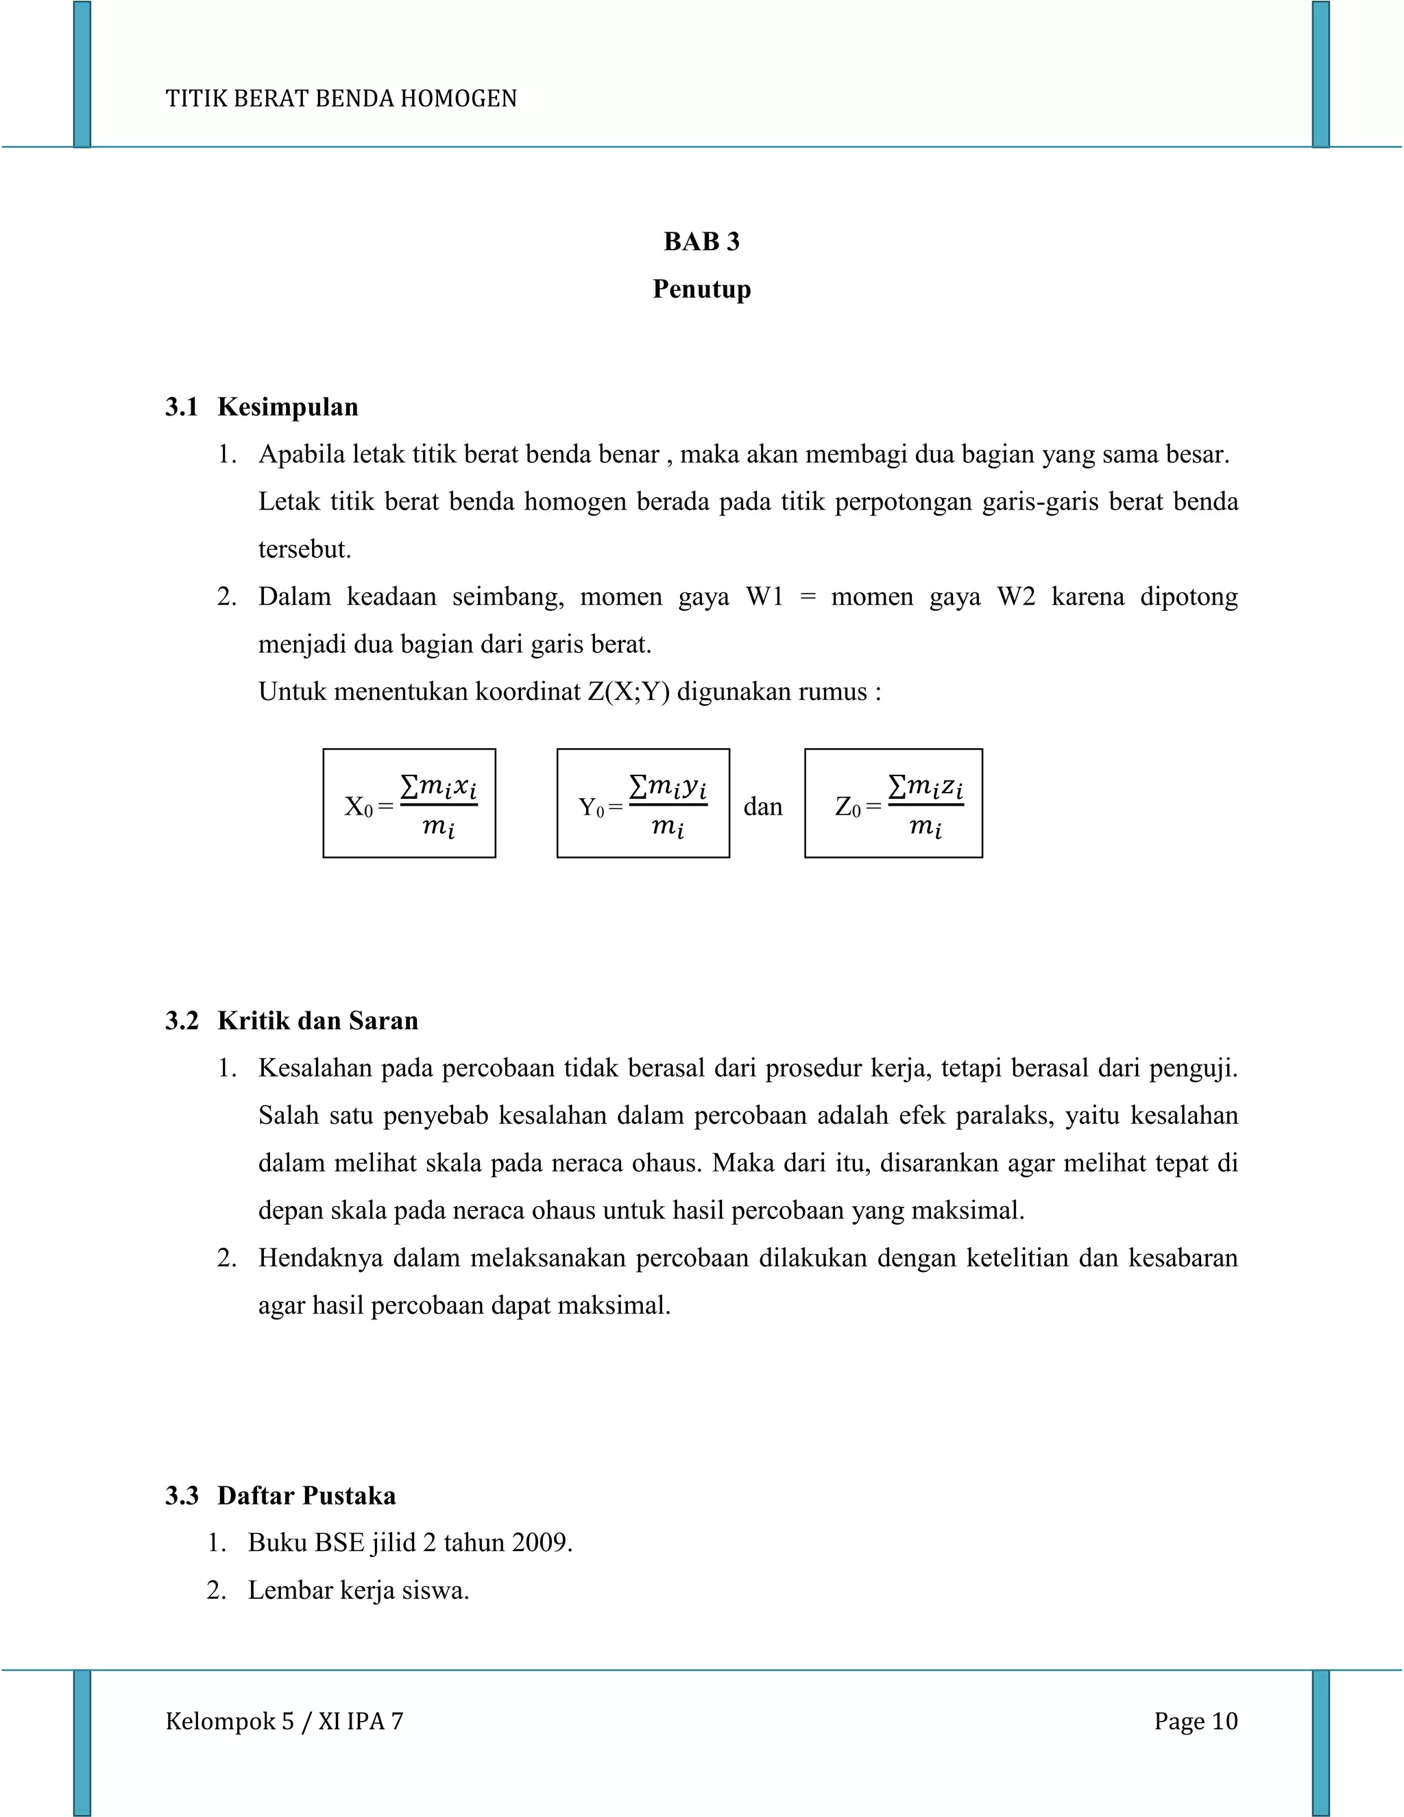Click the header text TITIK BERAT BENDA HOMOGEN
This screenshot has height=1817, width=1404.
click(341, 99)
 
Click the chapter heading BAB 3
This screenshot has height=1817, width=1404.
click(701, 241)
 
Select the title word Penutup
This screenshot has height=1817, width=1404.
click(701, 289)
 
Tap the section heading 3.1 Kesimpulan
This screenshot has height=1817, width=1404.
click(262, 407)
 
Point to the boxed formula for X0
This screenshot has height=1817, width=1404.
click(409, 803)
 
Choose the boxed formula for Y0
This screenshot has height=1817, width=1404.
click(643, 803)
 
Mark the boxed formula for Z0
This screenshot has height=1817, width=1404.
click(893, 803)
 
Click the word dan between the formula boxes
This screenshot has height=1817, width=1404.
click(763, 806)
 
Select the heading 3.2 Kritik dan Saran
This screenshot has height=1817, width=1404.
click(292, 1020)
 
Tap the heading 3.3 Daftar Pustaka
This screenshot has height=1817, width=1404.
click(281, 1495)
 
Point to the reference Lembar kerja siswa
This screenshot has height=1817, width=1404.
click(358, 1590)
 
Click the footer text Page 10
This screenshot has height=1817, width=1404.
click(1195, 1720)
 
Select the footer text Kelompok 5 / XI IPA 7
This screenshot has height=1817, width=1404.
click(285, 1720)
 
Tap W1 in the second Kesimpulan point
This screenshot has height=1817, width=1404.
click(764, 597)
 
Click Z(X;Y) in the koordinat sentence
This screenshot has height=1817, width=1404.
click(628, 691)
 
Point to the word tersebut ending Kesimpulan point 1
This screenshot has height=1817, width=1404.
click(304, 549)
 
